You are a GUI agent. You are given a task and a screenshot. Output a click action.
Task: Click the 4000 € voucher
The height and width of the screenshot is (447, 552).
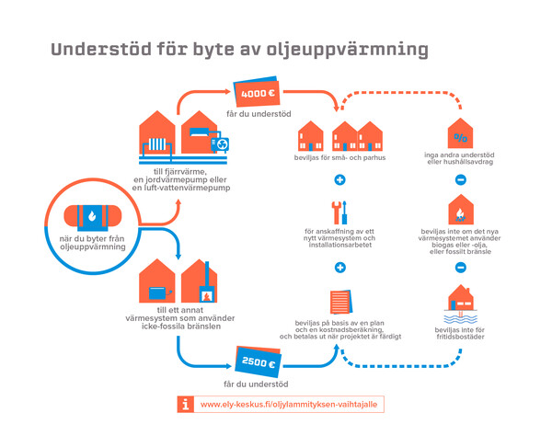(x=257, y=91)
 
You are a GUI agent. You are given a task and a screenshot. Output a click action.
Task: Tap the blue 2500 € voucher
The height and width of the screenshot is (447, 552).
(x=258, y=361)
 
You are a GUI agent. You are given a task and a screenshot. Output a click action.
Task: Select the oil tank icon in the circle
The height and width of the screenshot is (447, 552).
(x=93, y=216)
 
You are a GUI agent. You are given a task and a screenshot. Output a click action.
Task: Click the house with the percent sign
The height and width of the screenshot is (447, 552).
(x=460, y=133)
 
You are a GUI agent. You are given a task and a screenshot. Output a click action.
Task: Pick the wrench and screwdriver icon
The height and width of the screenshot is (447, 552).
(x=339, y=212)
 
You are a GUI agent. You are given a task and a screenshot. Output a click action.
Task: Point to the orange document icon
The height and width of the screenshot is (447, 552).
(x=341, y=302)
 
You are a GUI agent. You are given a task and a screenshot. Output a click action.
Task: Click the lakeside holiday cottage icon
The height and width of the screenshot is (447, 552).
(x=461, y=304)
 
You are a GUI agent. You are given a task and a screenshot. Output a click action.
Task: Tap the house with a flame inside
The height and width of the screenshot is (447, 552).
(x=461, y=209)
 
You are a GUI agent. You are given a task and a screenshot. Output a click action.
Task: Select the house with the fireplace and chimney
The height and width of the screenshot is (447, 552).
(x=200, y=281)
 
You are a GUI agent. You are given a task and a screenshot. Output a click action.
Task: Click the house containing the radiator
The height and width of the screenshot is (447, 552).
(x=157, y=133)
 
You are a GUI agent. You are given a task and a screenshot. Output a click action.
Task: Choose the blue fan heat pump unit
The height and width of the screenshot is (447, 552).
(x=220, y=144)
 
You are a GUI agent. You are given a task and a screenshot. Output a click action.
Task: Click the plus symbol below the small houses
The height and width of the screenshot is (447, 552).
(x=339, y=180)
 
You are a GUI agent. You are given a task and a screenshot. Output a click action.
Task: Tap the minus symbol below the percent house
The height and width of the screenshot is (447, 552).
(x=461, y=180)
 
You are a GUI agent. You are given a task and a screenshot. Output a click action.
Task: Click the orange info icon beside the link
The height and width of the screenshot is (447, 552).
(x=185, y=404)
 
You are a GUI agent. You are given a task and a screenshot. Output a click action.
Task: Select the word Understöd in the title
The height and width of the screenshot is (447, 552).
(x=101, y=49)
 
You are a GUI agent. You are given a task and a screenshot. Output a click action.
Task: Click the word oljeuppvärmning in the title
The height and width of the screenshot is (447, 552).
(x=347, y=50)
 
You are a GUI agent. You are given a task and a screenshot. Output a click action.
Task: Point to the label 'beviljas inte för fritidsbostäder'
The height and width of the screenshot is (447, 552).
(x=460, y=333)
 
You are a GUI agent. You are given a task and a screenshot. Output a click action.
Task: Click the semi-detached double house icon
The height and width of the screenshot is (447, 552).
(x=357, y=136)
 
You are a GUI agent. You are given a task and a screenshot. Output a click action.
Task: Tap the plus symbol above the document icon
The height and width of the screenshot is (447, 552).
(x=339, y=268)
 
